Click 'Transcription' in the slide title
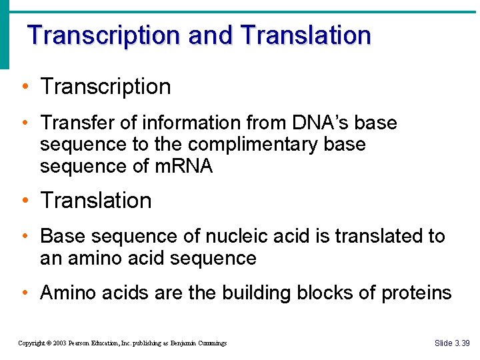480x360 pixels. click(104, 35)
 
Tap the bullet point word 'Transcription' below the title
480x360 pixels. click(105, 87)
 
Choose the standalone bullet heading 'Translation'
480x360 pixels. click(96, 201)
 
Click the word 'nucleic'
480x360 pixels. click(240, 237)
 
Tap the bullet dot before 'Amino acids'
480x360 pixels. click(24, 293)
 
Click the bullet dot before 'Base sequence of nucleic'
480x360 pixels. click(24, 237)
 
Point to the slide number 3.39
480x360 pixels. click(462, 343)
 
